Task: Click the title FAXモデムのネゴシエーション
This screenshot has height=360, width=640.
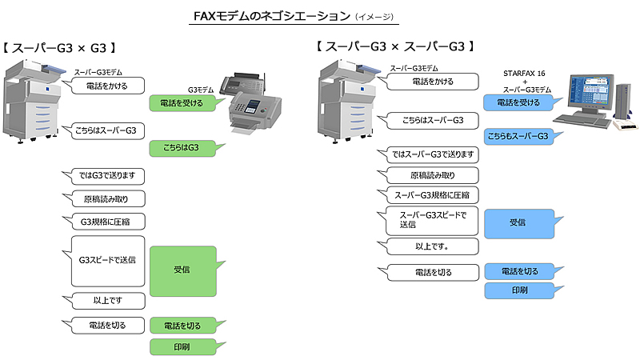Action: (x=272, y=15)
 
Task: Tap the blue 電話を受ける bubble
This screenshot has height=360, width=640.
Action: (x=518, y=103)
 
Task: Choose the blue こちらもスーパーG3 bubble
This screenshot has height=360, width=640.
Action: (x=518, y=137)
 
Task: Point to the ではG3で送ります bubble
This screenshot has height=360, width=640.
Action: (x=102, y=175)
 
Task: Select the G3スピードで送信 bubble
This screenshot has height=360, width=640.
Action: (x=107, y=260)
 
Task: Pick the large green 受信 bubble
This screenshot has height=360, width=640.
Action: (x=182, y=270)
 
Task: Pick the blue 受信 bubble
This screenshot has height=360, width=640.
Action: (x=518, y=222)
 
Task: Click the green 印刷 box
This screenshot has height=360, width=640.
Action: (x=183, y=346)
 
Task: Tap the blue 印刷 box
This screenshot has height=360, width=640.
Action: (x=518, y=290)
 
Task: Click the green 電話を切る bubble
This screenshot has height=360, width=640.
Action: (x=183, y=326)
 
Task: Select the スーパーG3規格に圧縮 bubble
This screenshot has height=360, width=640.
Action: (x=432, y=194)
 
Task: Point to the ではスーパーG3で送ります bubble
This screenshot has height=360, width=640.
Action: (x=432, y=154)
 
